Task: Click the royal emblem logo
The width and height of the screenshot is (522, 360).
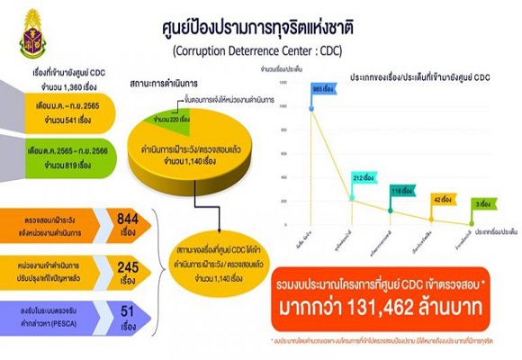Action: tap(35, 33)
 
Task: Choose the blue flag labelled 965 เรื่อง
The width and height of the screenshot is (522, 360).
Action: tap(323, 90)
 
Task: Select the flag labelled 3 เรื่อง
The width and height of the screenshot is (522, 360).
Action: tap(481, 204)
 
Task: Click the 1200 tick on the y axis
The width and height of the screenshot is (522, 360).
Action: tap(282, 81)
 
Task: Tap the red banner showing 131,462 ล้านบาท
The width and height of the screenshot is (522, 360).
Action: tap(377, 307)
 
